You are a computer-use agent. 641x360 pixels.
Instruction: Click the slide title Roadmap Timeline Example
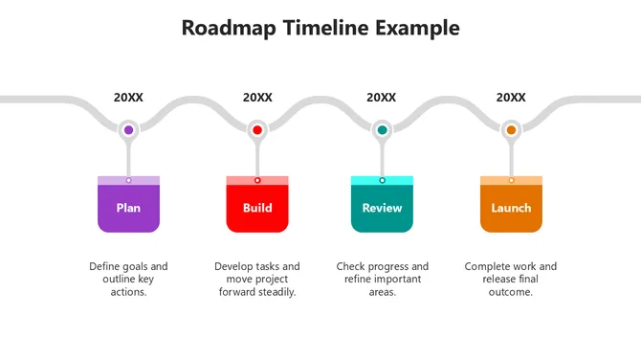320,28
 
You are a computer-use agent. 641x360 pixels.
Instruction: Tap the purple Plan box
128,208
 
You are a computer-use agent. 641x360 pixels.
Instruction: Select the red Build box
257,208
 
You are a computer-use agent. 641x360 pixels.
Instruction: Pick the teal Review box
382,208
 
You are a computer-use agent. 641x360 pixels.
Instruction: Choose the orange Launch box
511,208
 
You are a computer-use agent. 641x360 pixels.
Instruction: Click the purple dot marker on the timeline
128,129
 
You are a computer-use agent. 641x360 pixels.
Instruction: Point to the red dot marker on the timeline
257,129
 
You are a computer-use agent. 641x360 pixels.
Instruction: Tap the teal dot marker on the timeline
382,129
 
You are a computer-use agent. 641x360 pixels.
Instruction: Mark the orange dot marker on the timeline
511,129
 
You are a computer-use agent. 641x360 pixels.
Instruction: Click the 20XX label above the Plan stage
128,98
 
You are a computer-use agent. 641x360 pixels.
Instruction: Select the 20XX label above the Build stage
257,98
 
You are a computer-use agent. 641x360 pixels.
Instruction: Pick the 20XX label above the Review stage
382,98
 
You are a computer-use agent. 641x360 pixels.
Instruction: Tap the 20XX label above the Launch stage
511,98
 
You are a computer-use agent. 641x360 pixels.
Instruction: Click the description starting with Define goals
128,279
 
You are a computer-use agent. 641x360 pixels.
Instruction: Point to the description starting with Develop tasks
257,279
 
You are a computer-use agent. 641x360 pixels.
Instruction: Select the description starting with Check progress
382,279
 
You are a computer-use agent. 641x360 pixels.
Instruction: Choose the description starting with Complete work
511,279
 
